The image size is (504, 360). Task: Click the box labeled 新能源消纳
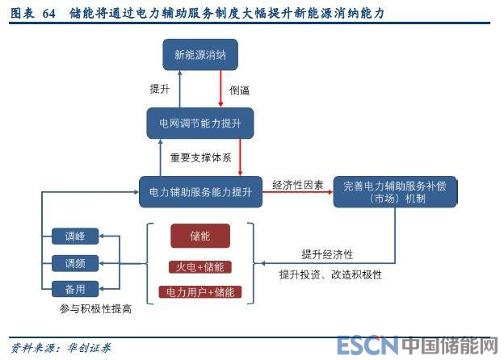coord(200,55)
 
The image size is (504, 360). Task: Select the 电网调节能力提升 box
coord(200,123)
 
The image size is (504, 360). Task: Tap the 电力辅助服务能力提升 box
coord(199,192)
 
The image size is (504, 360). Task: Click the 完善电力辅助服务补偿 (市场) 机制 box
coord(394,192)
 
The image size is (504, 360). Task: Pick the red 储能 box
coord(200,237)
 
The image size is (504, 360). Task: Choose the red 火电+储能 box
coord(200,266)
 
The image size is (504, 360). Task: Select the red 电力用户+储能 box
coord(200,291)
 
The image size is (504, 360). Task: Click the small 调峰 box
coord(74,237)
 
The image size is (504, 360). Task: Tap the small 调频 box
coord(74,263)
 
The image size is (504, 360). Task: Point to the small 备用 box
coord(74,288)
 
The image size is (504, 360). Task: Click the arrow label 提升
coord(159,89)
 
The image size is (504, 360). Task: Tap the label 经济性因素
coord(298,185)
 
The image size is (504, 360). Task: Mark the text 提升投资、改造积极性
coord(330,274)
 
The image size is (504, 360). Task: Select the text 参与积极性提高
coord(94,308)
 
